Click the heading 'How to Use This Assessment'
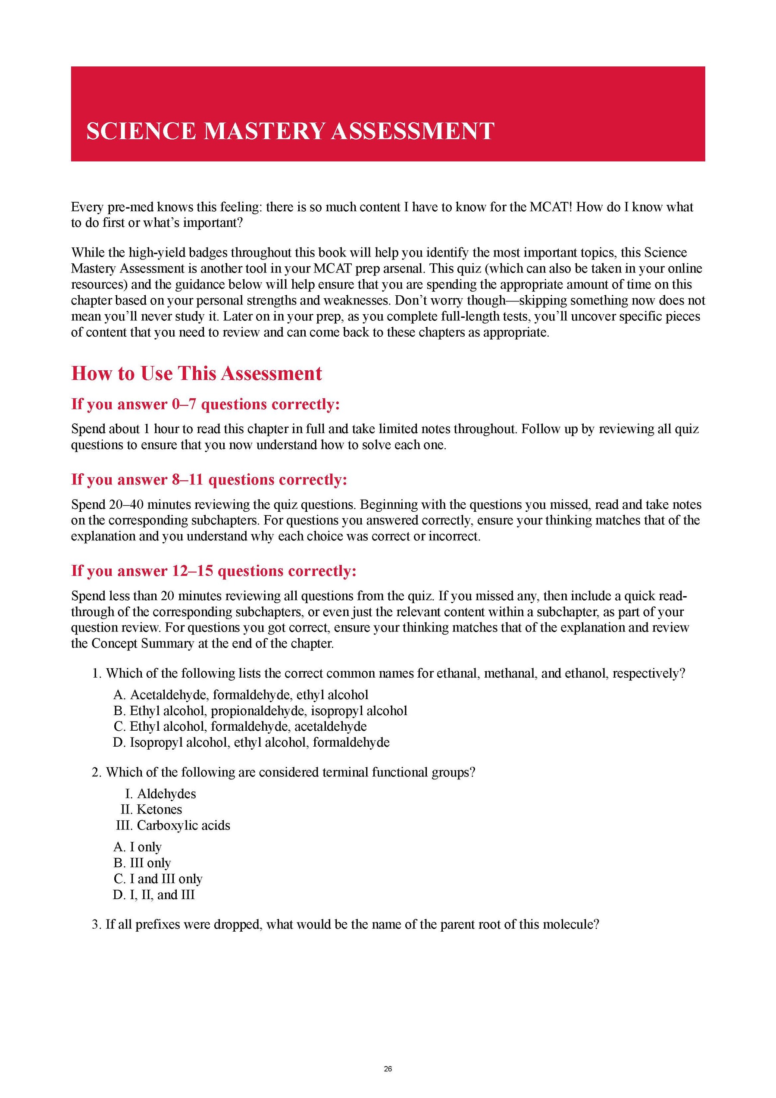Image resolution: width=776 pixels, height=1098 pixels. [x=197, y=373]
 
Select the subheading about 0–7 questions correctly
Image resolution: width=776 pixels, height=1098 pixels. [x=205, y=404]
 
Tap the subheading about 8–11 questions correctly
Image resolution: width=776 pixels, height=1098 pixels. [x=209, y=480]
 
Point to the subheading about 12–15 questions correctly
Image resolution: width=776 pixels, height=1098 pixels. [x=214, y=571]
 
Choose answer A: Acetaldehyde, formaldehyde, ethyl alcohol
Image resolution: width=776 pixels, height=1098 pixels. [x=241, y=695]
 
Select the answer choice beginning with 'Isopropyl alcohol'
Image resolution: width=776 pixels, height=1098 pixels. [x=251, y=742]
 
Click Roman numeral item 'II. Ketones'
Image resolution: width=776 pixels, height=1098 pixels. [x=152, y=809]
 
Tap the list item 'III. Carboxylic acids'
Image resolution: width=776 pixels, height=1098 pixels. [x=173, y=826]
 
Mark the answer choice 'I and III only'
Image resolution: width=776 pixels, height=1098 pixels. [x=158, y=879]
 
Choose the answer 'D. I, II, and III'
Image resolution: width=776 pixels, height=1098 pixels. [x=154, y=895]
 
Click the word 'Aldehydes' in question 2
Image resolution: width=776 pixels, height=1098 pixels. [x=166, y=794]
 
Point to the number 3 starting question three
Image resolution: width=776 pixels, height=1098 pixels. [x=95, y=924]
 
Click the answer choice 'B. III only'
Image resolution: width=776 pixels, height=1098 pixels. [x=142, y=863]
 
